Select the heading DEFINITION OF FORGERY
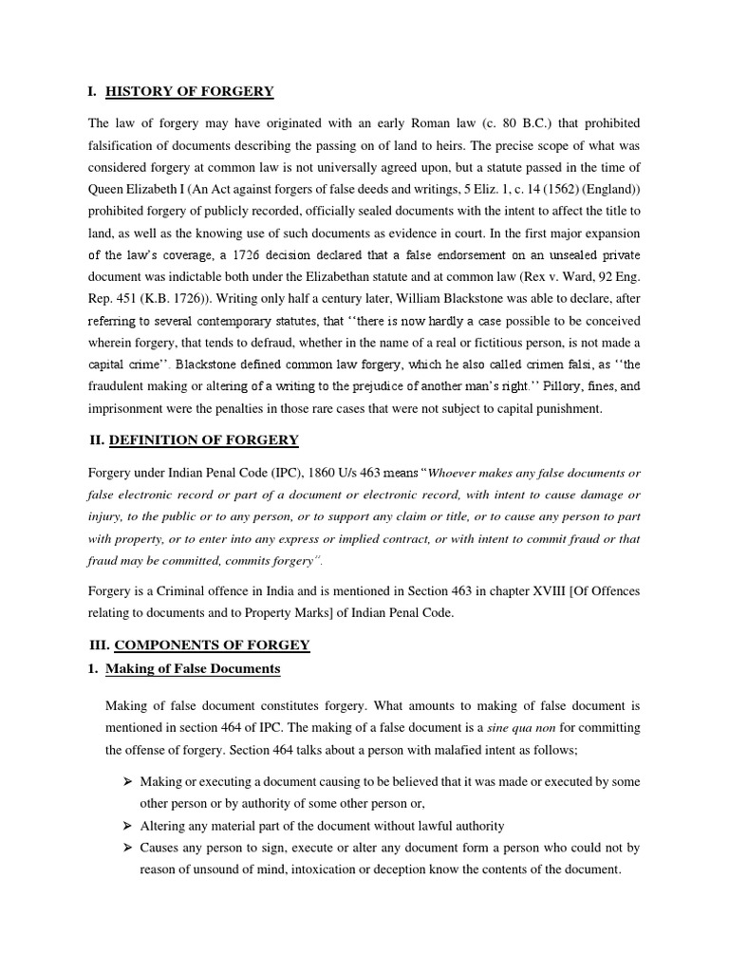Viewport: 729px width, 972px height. [204, 439]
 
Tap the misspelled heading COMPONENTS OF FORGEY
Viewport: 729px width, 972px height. [215, 645]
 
